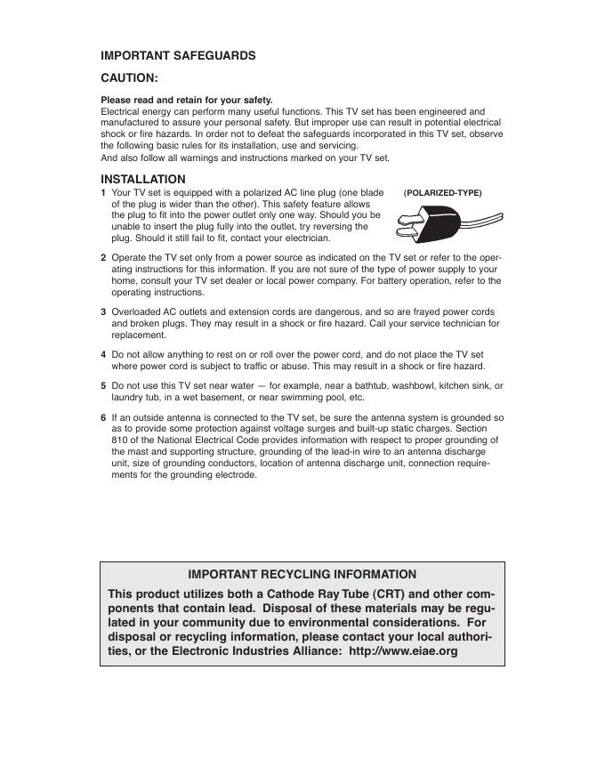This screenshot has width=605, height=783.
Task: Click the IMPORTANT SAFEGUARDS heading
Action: (x=178, y=55)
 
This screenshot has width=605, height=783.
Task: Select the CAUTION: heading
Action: (x=129, y=77)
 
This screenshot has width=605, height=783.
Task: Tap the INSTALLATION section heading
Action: (x=143, y=179)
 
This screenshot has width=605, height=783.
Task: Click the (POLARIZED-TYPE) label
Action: (x=442, y=192)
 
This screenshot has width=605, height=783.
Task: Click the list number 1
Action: (x=103, y=192)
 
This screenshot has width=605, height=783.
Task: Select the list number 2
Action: (x=103, y=257)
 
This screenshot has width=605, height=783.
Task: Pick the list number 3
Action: (x=103, y=312)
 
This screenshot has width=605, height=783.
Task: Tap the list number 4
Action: (x=103, y=354)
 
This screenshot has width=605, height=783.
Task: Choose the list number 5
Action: (x=103, y=386)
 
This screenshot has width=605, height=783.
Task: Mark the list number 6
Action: (x=103, y=417)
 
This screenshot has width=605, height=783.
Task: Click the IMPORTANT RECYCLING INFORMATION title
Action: (x=302, y=575)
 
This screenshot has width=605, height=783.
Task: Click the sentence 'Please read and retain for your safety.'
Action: (x=187, y=100)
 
